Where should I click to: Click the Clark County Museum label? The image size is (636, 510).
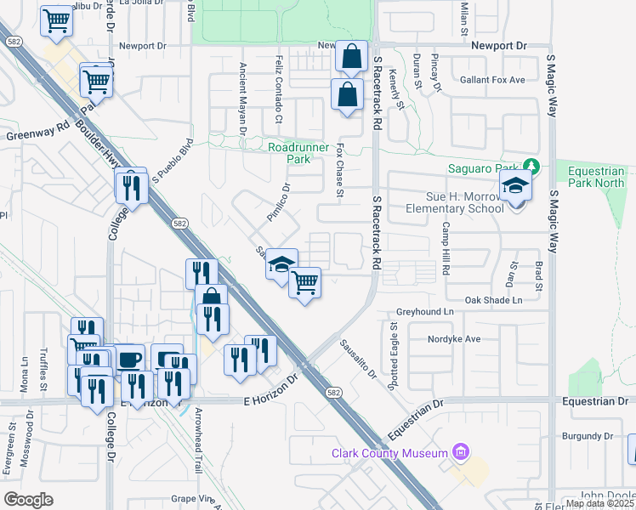click(x=389, y=453)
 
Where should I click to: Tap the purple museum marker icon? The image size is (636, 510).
click(x=461, y=451)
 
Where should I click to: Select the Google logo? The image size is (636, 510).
click(x=28, y=499)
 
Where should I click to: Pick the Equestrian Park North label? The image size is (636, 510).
click(x=596, y=176)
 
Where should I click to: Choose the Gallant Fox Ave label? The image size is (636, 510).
click(x=496, y=80)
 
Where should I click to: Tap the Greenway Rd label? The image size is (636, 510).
click(x=38, y=134)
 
